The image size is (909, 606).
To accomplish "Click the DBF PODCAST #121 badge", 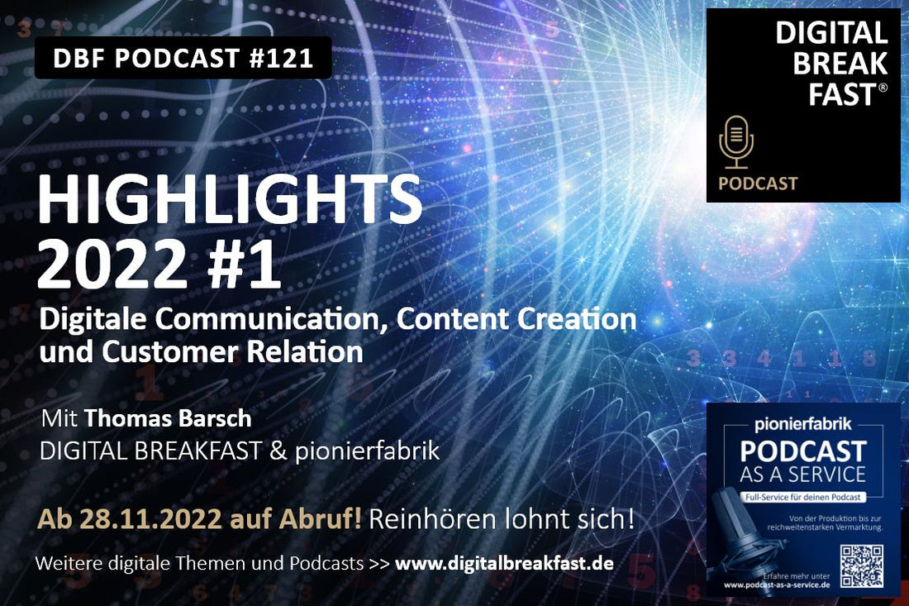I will coord(183,58).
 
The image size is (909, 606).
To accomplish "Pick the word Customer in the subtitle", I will coord(169,351).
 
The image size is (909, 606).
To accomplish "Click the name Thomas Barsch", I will coord(168,418).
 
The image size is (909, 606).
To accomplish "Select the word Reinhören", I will coord(427,519).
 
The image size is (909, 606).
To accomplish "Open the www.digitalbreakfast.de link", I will coord(504,564).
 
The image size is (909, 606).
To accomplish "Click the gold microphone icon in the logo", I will coord(735,142).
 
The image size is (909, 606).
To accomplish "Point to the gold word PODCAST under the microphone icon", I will coord(758,184).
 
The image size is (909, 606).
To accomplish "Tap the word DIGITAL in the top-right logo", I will coord(831,33).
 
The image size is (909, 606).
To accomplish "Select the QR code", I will coord(862,565).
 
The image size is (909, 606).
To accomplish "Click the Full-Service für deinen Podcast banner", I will coord(803,498).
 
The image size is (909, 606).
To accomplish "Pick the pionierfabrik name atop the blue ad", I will coord(802,427).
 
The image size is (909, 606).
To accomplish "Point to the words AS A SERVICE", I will coord(803,475).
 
